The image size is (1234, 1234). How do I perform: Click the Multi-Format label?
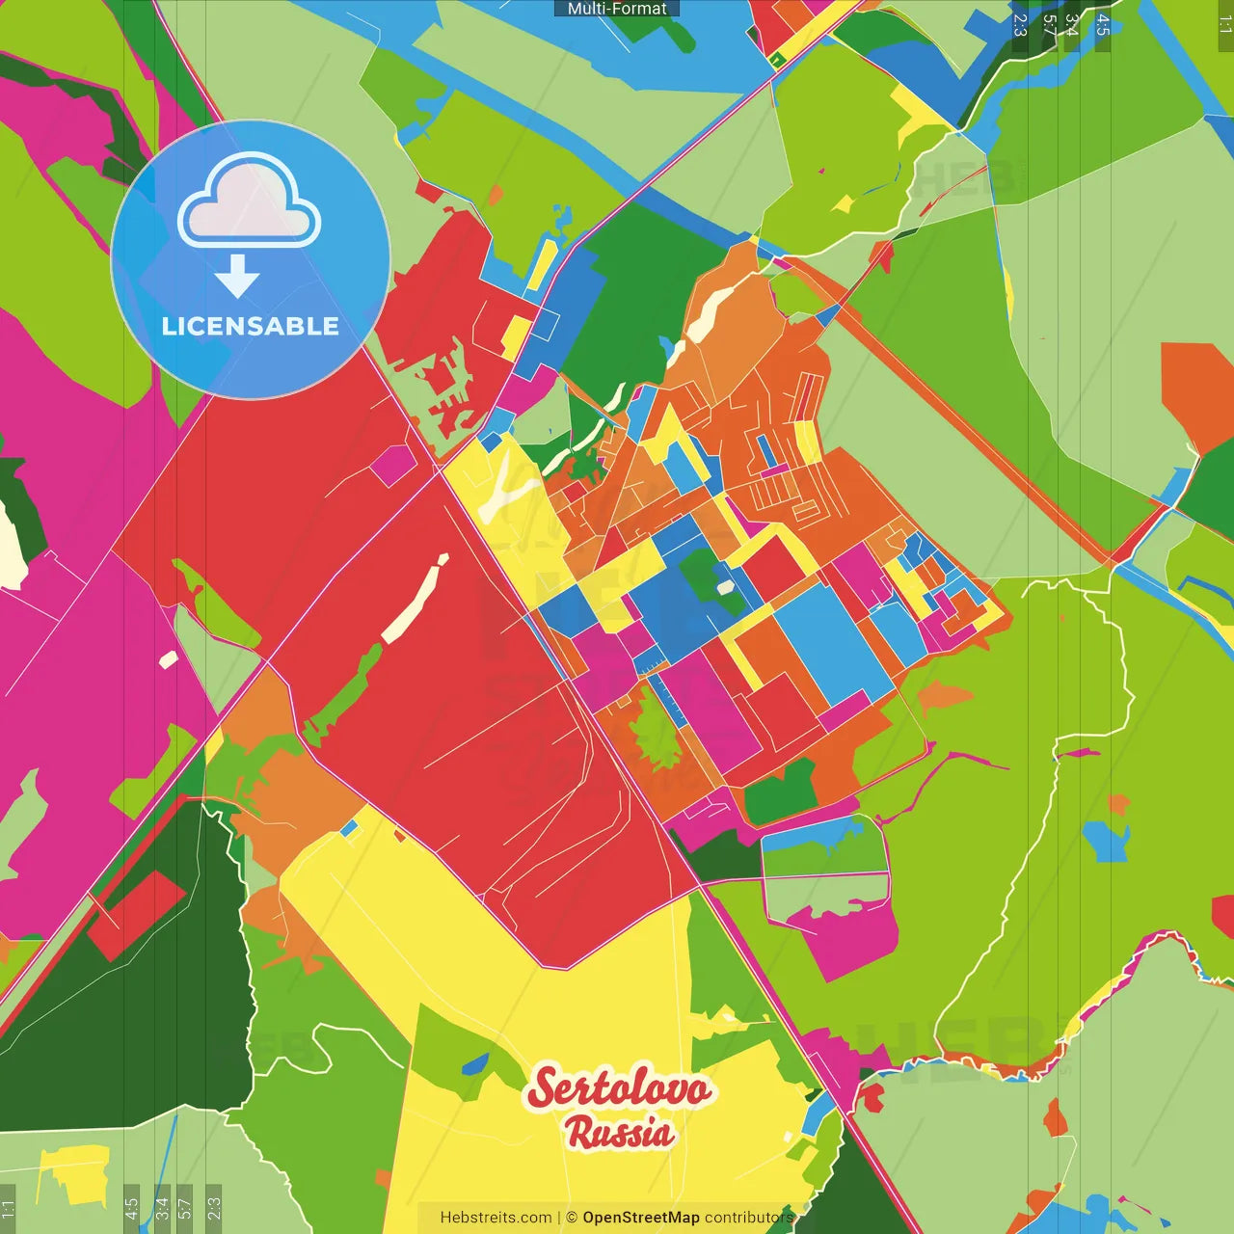pyautogui.click(x=617, y=9)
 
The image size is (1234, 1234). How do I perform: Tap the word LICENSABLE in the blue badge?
pyautogui.click(x=250, y=326)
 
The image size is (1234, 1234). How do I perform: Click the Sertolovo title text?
pyautogui.click(x=619, y=1088)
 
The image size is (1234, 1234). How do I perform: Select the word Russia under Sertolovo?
pyautogui.click(x=620, y=1132)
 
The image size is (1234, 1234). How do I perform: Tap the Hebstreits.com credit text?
pyautogui.click(x=496, y=1218)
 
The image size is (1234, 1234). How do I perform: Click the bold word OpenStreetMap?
pyautogui.click(x=640, y=1218)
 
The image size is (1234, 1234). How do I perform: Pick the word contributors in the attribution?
pyautogui.click(x=748, y=1218)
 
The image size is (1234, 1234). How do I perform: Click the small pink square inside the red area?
pyautogui.click(x=392, y=465)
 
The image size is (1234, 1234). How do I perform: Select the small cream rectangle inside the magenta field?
pyautogui.click(x=168, y=660)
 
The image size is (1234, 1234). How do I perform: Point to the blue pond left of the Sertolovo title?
pyautogui.click(x=474, y=1064)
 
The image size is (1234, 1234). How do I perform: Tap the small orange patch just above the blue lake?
pyautogui.click(x=1118, y=803)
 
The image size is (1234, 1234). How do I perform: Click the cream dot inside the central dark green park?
pyautogui.click(x=725, y=587)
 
